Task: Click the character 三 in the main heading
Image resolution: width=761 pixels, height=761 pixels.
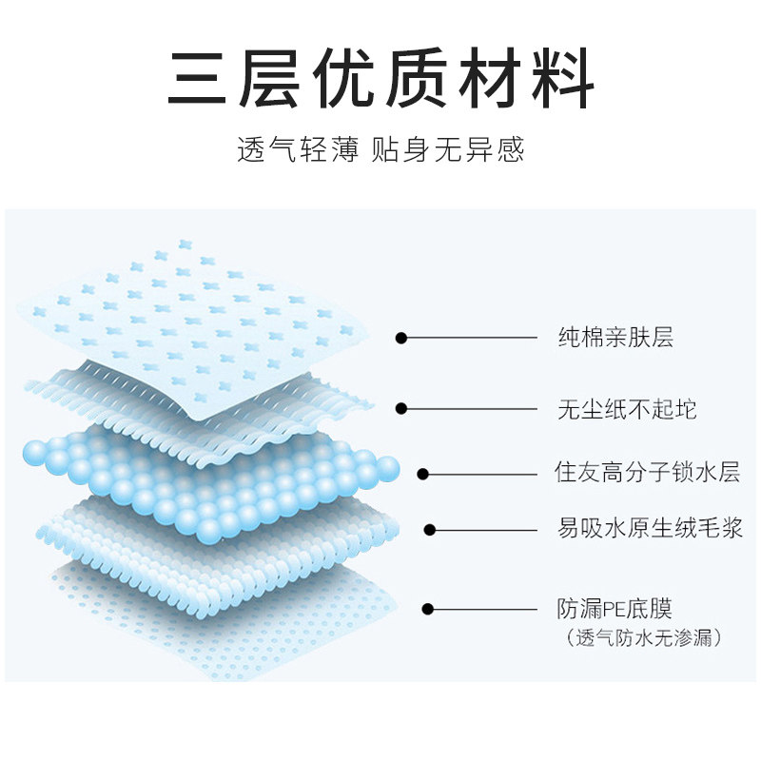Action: [x=201, y=78]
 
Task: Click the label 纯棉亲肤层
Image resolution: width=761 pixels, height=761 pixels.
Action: [x=615, y=337]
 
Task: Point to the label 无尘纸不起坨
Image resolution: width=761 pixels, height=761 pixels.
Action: [x=627, y=409]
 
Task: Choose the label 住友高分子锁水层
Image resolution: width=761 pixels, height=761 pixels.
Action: [x=648, y=473]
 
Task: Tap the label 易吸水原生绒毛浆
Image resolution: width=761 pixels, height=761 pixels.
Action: [x=650, y=528]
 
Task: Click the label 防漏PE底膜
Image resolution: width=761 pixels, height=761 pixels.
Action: [x=615, y=608]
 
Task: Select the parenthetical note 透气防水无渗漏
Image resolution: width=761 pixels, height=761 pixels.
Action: [x=643, y=637]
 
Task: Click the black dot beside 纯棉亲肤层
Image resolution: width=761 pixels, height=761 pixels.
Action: [x=401, y=337]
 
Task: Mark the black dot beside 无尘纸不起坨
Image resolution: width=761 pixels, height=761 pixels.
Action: [x=401, y=409]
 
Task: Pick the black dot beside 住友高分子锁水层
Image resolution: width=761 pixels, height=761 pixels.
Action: [x=423, y=473]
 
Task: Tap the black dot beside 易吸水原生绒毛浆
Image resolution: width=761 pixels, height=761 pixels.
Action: [x=430, y=529]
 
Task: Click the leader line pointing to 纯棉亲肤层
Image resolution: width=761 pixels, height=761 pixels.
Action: [x=471, y=337]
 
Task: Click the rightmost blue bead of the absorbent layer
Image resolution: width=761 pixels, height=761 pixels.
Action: [x=388, y=466]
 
